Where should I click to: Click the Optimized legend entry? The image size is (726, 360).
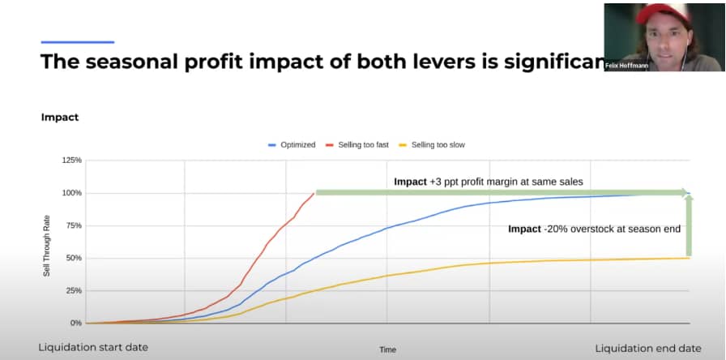pos(292,145)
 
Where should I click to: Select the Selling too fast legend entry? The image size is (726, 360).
pos(357,145)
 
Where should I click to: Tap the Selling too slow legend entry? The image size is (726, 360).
pos(432,145)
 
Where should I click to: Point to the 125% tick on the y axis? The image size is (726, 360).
pos(73,161)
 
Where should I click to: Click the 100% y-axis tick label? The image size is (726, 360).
pos(73,193)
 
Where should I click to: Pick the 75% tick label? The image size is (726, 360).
pos(74,225)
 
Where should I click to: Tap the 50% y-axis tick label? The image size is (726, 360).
pos(74,258)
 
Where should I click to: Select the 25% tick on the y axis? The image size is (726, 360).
pos(74,290)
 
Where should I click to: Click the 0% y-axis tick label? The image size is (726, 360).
pos(76,323)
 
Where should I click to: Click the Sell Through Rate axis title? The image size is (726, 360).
pos(46,246)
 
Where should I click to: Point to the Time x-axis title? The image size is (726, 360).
pos(388,349)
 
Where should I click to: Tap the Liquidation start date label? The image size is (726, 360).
pos(93,348)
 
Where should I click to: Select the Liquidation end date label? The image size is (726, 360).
pos(648,348)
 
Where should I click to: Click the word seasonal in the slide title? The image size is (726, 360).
pos(130,62)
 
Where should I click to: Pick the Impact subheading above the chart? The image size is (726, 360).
pos(60,118)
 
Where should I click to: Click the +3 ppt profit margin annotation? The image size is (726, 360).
pos(489,182)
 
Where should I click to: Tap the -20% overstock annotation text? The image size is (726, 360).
pos(595,229)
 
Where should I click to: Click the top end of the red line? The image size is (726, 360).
pos(314,193)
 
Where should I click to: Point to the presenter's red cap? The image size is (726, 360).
pos(663,13)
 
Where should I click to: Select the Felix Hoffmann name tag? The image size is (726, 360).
pos(627,66)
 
